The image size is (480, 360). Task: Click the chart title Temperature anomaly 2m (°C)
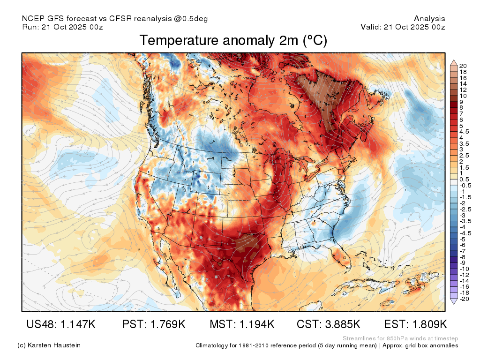point(233,40)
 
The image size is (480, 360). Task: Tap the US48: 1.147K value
point(61,324)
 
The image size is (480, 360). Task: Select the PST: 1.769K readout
point(154,324)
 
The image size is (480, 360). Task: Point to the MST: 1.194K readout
point(242,324)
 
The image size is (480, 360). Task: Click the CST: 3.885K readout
point(329,324)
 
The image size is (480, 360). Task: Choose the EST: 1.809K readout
point(415,324)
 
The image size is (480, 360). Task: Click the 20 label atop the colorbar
point(463,66)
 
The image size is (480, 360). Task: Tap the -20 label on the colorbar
point(464,299)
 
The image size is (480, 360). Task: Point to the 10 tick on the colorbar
point(463,96)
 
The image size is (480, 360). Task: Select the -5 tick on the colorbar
point(462,239)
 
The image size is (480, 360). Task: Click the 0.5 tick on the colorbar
point(464,180)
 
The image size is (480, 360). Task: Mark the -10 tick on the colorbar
point(464,269)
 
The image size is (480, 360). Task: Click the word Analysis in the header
point(429,19)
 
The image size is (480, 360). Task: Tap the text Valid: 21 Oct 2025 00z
point(403,27)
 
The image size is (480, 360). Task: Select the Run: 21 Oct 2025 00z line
point(62,27)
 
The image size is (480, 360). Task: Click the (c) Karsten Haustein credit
point(49,345)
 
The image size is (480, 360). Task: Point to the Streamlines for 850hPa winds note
point(400,338)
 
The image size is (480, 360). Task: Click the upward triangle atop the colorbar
point(454,63)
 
